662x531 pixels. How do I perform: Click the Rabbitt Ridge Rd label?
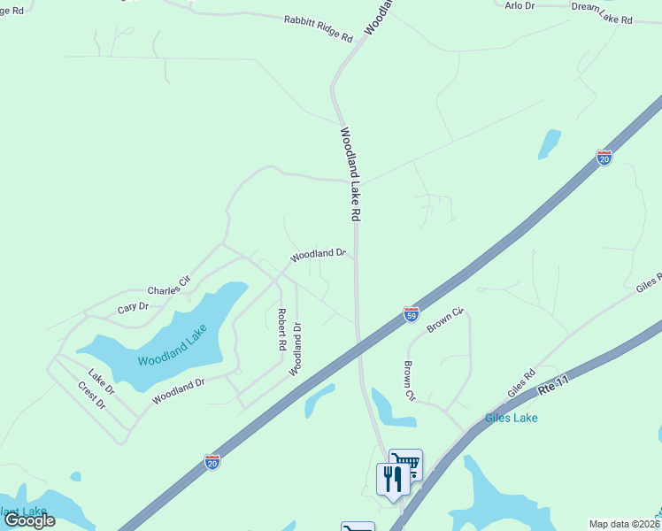pos(319,28)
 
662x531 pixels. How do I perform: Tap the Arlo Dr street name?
pos(520,5)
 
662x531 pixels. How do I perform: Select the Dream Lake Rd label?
pos(602,12)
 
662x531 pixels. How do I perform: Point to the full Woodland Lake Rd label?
pos(350,174)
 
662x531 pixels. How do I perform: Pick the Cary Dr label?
pos(135,307)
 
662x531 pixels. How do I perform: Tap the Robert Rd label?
pos(281,329)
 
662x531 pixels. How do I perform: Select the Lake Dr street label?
pos(101,381)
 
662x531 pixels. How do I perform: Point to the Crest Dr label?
pos(91,396)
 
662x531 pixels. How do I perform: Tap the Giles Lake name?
pos(511,418)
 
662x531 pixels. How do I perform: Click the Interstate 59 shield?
pos(411,313)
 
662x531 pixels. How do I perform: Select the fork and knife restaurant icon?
pos(393,479)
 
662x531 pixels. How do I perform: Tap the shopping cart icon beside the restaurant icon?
pos(406,463)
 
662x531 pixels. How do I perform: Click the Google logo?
pos(29,519)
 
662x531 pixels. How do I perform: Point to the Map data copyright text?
pos(624,524)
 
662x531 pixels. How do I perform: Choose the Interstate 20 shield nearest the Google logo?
pos(212,461)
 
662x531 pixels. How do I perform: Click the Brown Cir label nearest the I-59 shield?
pos(445,319)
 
